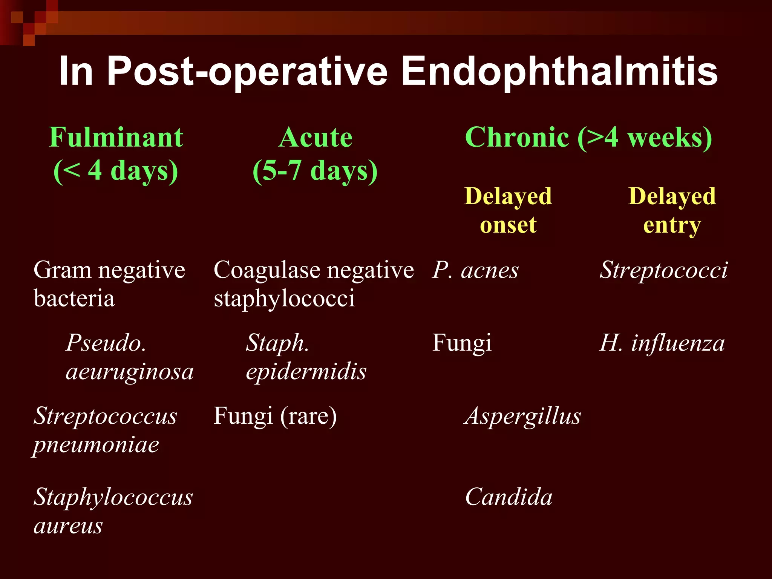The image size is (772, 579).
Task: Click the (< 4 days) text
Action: pyautogui.click(x=116, y=171)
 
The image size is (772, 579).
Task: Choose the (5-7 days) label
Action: pyautogui.click(x=315, y=171)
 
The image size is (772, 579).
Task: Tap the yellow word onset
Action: pyautogui.click(x=508, y=225)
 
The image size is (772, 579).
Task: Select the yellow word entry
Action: pyautogui.click(x=672, y=225)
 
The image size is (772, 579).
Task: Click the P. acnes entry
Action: pyautogui.click(x=475, y=271)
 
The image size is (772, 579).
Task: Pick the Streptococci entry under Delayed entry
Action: pyautogui.click(x=663, y=271)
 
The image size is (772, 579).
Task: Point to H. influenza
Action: pyautogui.click(x=662, y=343)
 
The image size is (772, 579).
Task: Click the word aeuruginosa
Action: pyautogui.click(x=130, y=372)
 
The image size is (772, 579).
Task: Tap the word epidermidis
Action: pyautogui.click(x=306, y=372)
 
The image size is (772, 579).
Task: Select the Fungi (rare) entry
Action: pyautogui.click(x=275, y=416)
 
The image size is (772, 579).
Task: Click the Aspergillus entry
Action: pyautogui.click(x=523, y=416)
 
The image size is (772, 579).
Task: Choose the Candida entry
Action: pyautogui.click(x=509, y=497)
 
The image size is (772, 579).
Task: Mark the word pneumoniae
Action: pyautogui.click(x=96, y=445)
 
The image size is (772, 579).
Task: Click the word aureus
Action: pyautogui.click(x=68, y=526)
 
